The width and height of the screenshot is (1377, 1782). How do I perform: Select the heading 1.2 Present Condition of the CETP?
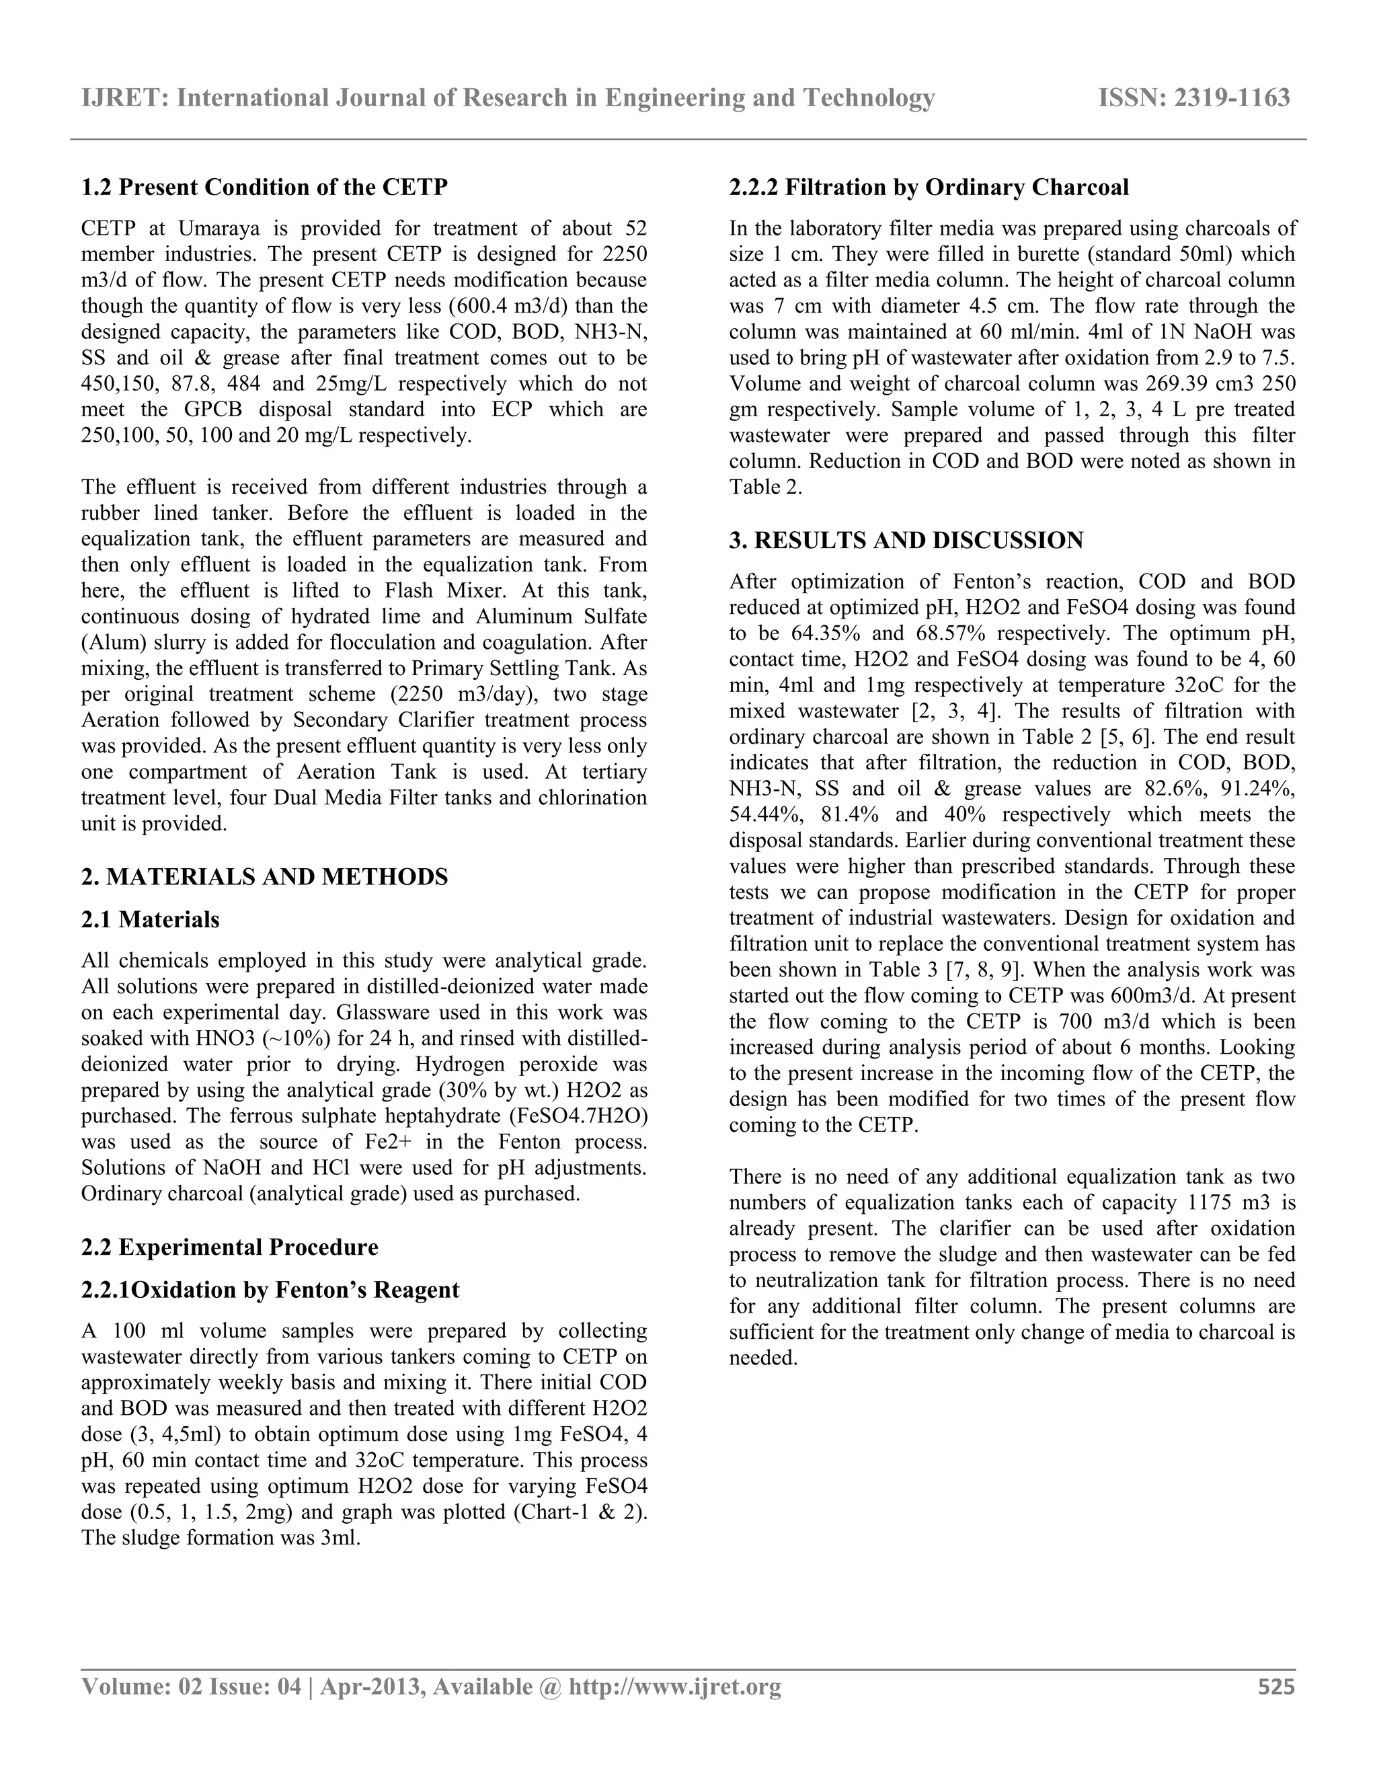[x=264, y=188]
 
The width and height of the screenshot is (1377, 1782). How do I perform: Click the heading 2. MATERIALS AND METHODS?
[x=264, y=877]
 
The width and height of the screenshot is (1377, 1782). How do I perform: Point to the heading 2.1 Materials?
[x=150, y=919]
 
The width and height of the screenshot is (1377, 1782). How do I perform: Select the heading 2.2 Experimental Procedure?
[x=230, y=1247]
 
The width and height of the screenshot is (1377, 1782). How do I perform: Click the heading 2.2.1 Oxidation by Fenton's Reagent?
[x=270, y=1290]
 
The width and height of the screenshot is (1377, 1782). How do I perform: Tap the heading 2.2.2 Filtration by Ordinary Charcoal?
[x=929, y=188]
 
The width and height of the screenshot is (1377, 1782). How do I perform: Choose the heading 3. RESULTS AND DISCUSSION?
[x=906, y=541]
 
